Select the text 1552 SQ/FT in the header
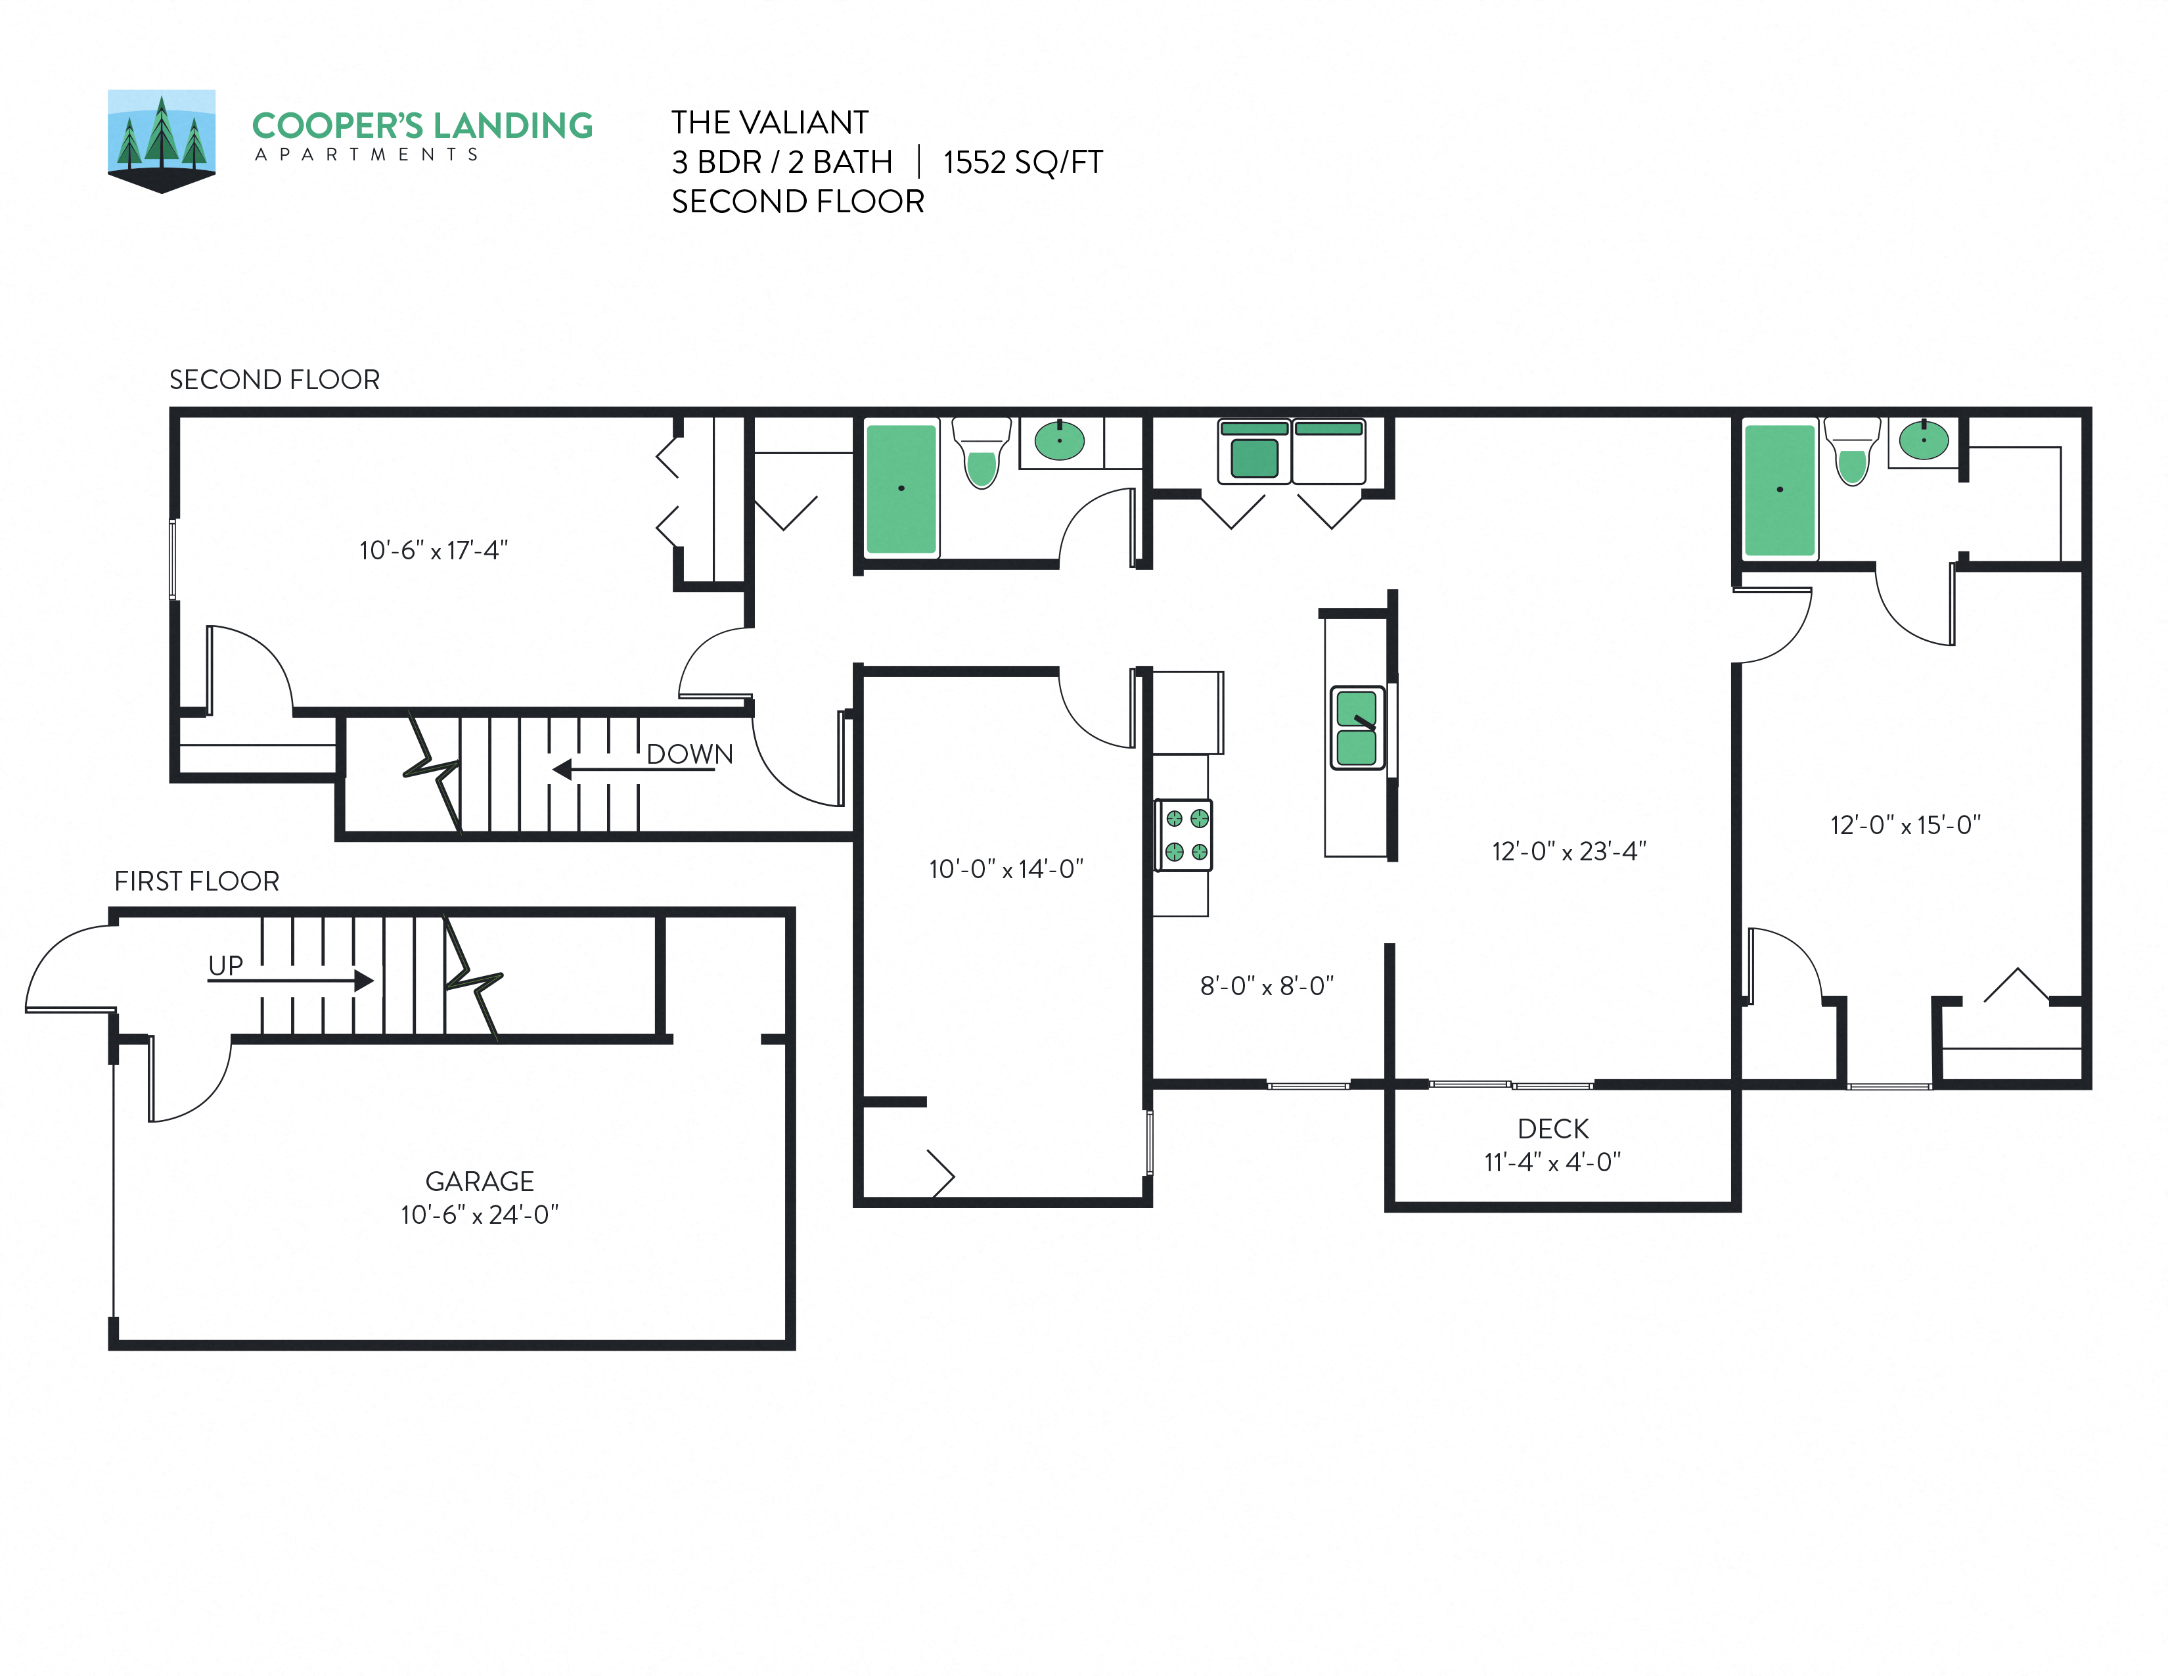tap(1022, 162)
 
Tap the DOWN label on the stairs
tap(689, 755)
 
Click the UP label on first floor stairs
tap(225, 965)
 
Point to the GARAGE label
tap(480, 1182)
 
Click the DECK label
tap(1552, 1129)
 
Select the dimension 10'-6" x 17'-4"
tap(434, 550)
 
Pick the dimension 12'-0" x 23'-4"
tap(1568, 851)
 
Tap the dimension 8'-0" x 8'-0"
tap(1267, 986)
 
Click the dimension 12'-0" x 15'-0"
tap(1905, 825)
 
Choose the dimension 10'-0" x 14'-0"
tap(1006, 869)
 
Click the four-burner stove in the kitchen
tap(1185, 835)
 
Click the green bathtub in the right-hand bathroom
tap(1780, 490)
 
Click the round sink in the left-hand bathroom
tap(1059, 440)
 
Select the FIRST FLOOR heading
tap(196, 881)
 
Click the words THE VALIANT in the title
tap(769, 122)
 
